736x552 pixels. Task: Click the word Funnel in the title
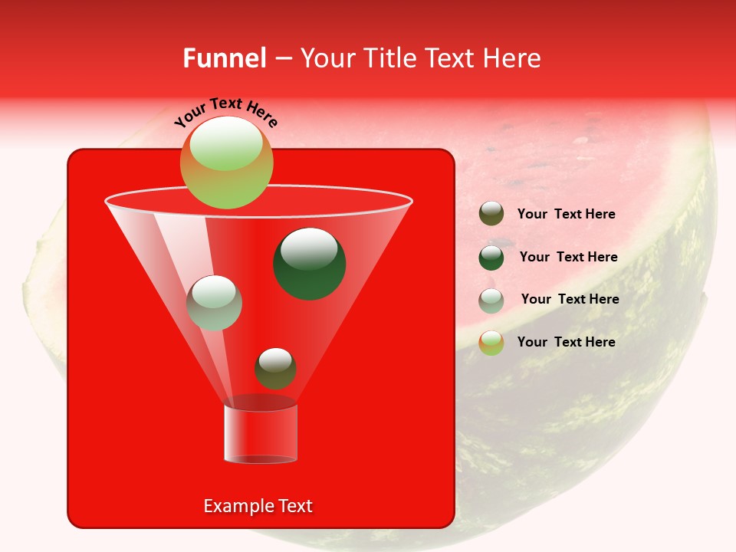225,58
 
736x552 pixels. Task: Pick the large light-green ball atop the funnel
226,163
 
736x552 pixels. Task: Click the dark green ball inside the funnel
310,264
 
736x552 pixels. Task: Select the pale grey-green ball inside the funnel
215,303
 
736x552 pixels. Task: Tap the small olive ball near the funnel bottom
275,369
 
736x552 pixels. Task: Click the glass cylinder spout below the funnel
261,433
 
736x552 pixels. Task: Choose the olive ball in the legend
491,214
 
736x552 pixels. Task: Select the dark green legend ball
491,258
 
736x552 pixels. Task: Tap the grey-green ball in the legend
491,301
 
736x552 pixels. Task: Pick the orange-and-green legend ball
491,343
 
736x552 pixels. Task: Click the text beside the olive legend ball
566,215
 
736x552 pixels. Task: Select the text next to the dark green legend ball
568,258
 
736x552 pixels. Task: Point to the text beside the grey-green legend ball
570,300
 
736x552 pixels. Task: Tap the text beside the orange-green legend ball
566,342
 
